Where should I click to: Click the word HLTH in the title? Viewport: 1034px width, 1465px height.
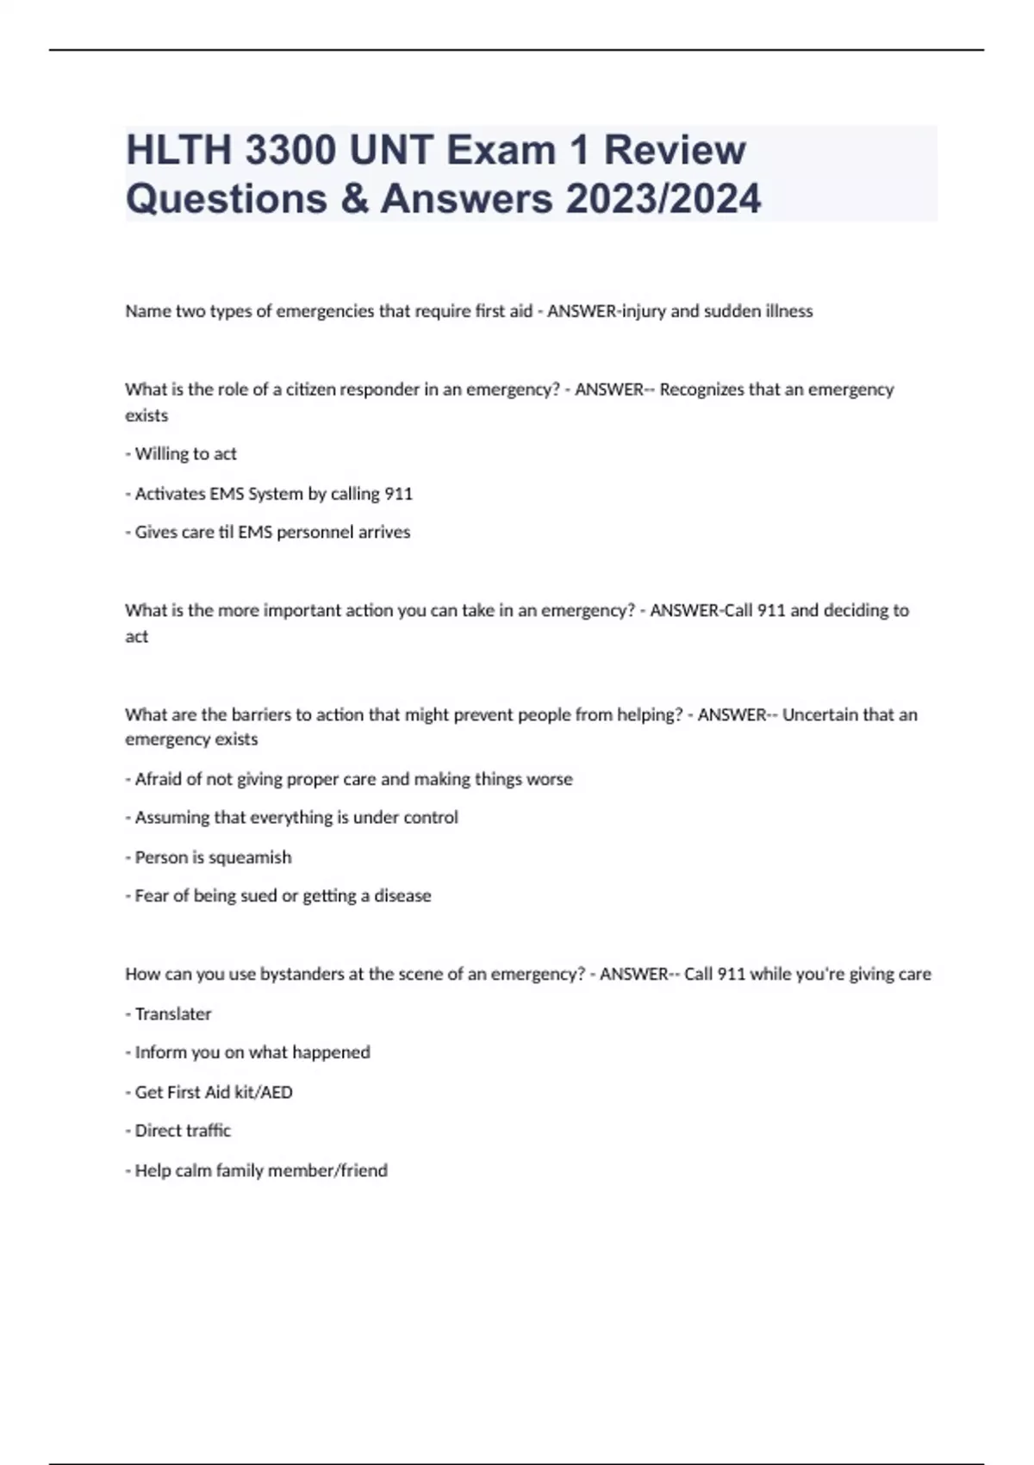click(178, 150)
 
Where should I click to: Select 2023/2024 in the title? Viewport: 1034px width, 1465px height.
click(663, 198)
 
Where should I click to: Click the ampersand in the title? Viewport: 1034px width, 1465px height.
click(352, 198)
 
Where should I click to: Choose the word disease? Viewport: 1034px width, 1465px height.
click(402, 896)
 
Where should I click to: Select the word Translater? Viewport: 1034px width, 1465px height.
click(173, 1014)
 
